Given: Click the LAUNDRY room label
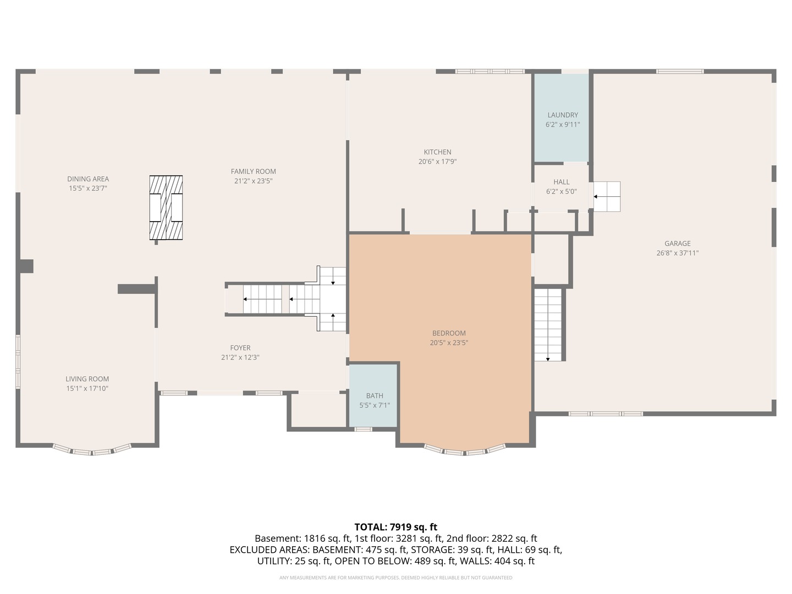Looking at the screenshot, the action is click(563, 115).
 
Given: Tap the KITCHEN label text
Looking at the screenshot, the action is click(437, 152).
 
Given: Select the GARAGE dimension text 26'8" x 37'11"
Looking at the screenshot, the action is click(677, 253).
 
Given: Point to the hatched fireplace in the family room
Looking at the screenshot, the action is click(166, 208).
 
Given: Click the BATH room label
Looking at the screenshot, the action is click(375, 395).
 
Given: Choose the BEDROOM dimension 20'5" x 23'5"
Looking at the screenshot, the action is click(449, 343).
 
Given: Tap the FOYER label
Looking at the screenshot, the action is click(240, 348).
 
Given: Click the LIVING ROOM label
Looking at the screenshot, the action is click(87, 379).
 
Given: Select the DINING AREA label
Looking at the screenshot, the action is click(88, 179).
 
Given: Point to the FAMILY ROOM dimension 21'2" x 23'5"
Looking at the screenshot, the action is click(254, 181).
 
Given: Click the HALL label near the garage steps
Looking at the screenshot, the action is click(562, 182).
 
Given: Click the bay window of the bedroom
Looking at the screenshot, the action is click(464, 452).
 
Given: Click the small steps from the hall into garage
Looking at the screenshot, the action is click(607, 196).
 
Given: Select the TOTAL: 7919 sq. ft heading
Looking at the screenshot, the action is click(396, 527).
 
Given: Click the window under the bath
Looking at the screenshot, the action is click(363, 429).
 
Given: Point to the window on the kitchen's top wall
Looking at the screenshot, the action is click(490, 71).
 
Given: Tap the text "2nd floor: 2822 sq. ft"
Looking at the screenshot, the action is click(492, 538).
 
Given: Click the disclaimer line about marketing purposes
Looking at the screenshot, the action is click(396, 577).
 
